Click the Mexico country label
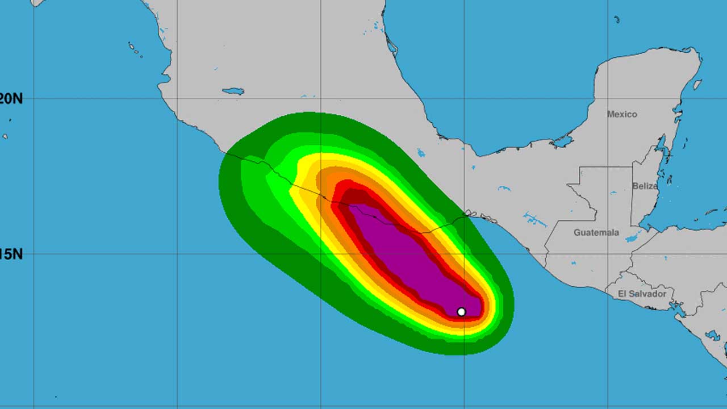(x=622, y=114)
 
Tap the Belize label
(x=645, y=186)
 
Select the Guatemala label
(x=596, y=232)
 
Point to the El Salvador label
(x=642, y=294)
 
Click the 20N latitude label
(x=11, y=99)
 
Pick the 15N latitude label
(x=11, y=254)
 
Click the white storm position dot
(x=461, y=312)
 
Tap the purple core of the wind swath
(x=409, y=250)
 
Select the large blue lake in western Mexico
(x=233, y=91)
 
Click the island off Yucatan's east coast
(x=697, y=85)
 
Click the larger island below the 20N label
(x=5, y=136)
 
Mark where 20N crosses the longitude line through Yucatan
(x=608, y=99)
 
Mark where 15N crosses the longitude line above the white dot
(x=464, y=253)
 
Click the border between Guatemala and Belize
(x=632, y=196)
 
